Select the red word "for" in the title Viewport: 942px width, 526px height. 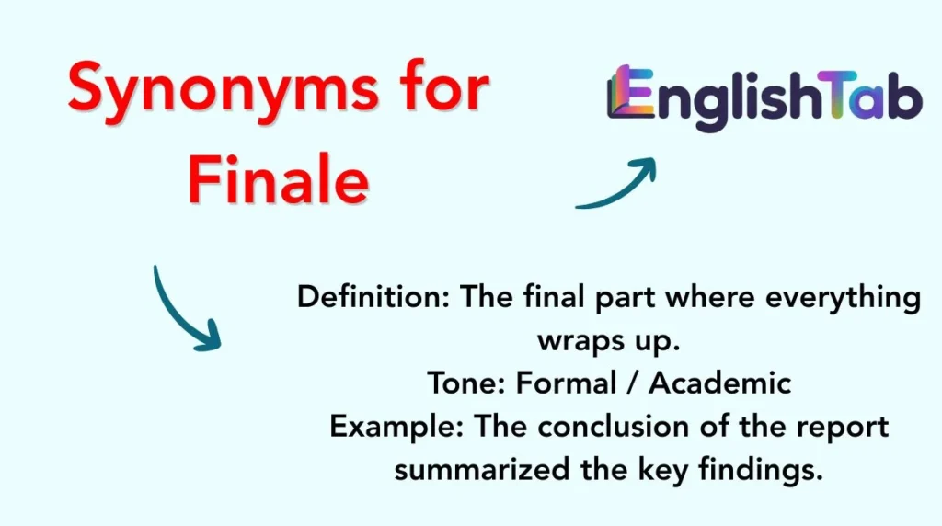(x=438, y=89)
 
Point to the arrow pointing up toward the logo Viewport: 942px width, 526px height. (x=617, y=184)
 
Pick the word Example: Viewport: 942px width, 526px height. (x=397, y=426)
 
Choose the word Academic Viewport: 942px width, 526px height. (x=719, y=383)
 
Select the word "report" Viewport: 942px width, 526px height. (x=850, y=428)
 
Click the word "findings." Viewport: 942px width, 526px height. (x=759, y=469)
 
